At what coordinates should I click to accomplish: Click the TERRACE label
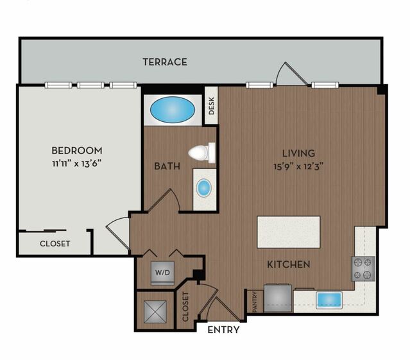165,62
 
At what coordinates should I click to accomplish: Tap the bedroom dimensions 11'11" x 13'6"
77,164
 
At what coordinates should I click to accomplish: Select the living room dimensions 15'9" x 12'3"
298,166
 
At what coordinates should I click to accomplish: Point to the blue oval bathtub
173,110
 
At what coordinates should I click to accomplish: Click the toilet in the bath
202,153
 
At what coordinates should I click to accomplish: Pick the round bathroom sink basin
203,188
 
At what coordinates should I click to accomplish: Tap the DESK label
212,106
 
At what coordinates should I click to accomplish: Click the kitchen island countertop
289,232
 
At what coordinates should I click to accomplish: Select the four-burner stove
363,269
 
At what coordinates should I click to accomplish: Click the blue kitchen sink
329,300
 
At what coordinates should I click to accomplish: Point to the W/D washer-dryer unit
162,273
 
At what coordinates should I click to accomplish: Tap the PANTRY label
255,302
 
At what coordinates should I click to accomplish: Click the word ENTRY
223,330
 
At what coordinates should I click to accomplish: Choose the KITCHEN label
289,264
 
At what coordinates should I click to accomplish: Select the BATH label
167,166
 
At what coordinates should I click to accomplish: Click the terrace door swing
292,74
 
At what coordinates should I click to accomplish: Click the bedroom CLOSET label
55,244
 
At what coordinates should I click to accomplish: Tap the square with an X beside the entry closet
155,312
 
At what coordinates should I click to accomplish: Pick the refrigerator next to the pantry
278,298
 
